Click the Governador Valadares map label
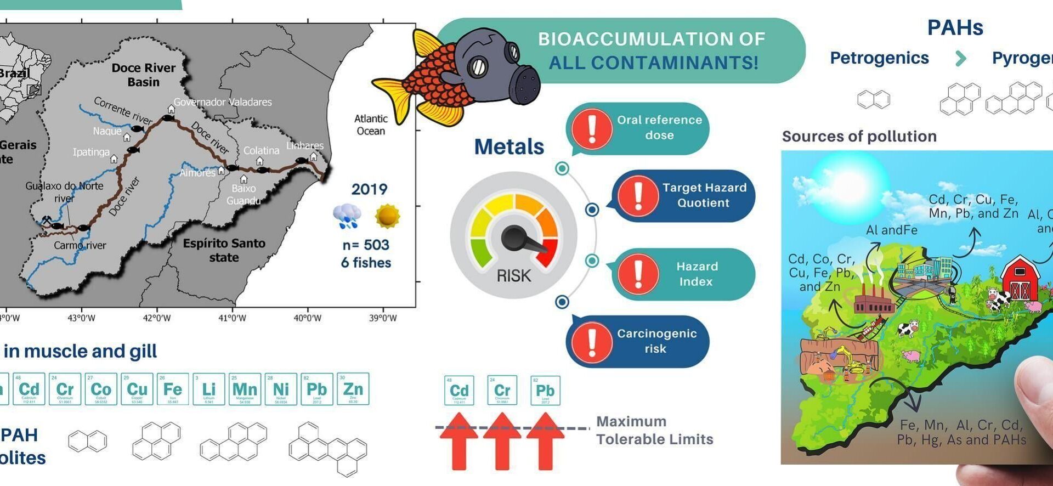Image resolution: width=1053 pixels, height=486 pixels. pos(222,102)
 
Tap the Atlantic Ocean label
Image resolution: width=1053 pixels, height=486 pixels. pos(371,125)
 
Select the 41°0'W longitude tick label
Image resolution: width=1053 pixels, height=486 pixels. pos(233,318)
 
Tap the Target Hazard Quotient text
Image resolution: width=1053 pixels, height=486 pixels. pos(704,195)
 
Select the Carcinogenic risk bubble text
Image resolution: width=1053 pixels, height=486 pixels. pos(656,341)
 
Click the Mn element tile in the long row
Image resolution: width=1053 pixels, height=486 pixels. pos(245,389)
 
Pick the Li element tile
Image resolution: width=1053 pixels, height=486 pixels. pos(209,389)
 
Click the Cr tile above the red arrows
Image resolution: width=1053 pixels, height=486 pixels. pos(502,391)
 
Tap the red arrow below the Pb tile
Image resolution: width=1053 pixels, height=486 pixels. pos(545,442)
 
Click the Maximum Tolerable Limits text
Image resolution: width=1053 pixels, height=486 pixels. pos(654,431)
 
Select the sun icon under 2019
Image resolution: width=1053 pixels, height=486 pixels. pos(387,216)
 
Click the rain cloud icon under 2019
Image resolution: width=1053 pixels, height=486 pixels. pos(347,216)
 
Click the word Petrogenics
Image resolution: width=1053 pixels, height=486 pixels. pos(879,58)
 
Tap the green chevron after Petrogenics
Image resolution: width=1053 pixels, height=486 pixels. pos(960,58)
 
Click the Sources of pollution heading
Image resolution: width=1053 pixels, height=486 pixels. pos(859,136)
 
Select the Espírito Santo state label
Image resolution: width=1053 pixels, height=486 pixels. pos(224,250)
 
